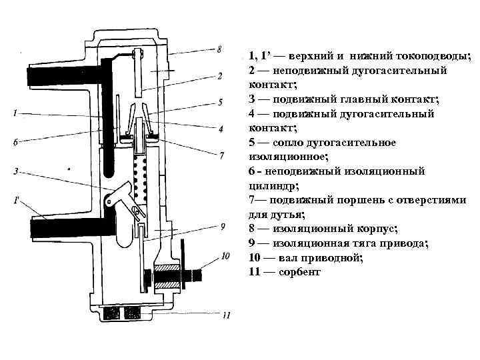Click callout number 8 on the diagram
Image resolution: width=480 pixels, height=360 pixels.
219,49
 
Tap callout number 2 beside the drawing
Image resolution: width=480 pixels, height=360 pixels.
219,76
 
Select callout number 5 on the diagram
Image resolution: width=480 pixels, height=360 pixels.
219,103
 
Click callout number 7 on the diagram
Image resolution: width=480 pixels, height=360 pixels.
221,155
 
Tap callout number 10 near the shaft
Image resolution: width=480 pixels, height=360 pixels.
225,255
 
